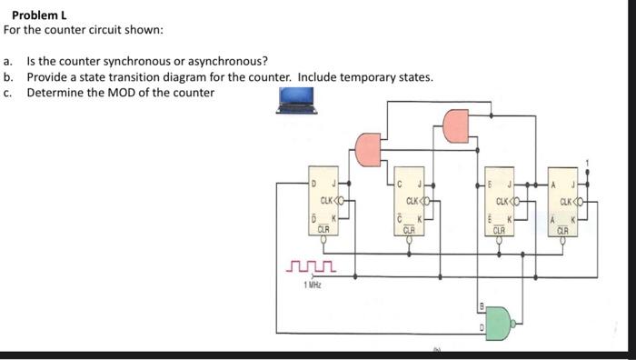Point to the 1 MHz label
[312, 285]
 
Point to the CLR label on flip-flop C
[409, 230]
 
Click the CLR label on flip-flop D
[322, 230]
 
